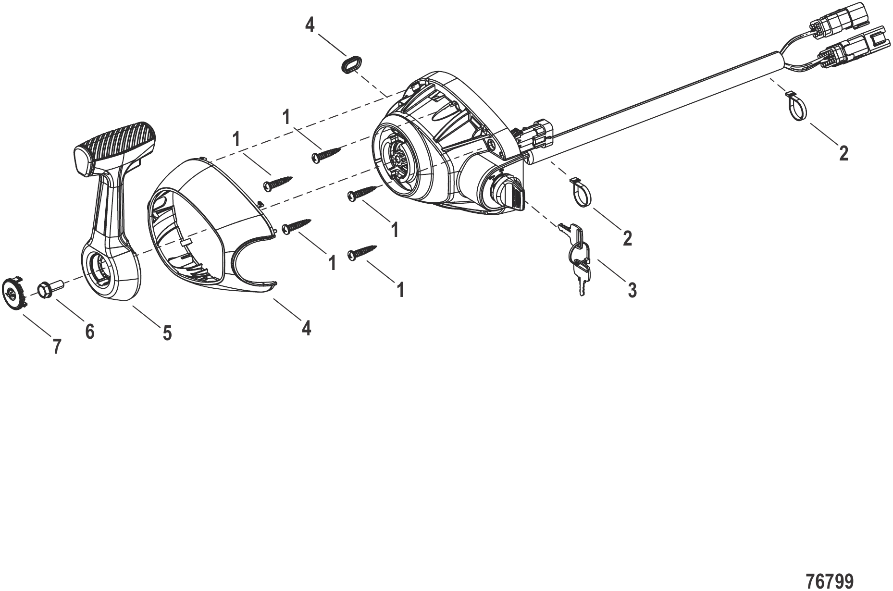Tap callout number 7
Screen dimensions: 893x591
click(57, 346)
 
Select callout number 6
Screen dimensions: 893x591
click(89, 331)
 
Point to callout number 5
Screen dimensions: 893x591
click(167, 333)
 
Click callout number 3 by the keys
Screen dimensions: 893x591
click(632, 289)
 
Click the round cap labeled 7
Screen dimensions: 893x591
click(14, 292)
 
